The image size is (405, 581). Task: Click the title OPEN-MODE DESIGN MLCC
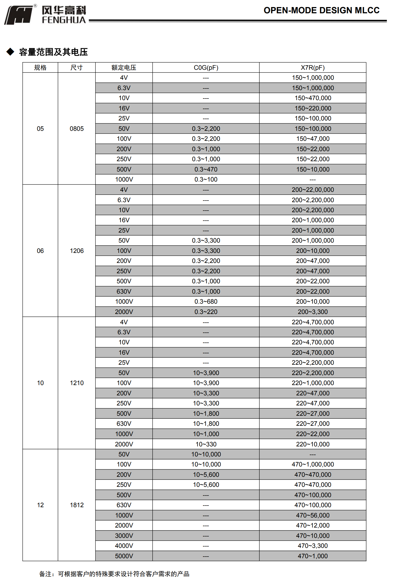(321, 10)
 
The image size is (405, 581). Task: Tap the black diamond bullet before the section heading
(10, 52)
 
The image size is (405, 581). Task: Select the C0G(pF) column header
(206, 68)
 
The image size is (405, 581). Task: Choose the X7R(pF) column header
(313, 68)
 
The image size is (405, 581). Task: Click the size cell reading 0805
(77, 129)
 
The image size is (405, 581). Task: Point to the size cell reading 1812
(77, 505)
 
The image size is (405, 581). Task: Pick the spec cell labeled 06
(40, 251)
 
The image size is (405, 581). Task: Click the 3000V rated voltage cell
(124, 536)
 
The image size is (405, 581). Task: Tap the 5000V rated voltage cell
(124, 556)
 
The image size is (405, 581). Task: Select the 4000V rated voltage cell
(124, 546)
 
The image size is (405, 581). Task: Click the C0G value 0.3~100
(206, 179)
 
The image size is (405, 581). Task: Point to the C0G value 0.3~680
(206, 301)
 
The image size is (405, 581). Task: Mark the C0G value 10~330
(206, 444)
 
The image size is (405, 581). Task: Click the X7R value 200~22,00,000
(313, 190)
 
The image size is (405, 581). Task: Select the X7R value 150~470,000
(313, 98)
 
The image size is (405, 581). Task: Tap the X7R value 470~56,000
(313, 515)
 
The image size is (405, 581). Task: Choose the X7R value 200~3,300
(313, 312)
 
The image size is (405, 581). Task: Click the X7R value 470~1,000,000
(313, 464)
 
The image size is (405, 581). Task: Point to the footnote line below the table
(114, 574)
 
